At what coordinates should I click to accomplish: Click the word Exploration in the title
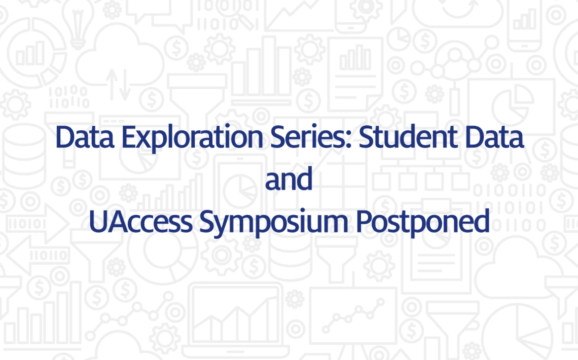[192, 137]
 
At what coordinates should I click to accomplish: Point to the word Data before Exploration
[85, 136]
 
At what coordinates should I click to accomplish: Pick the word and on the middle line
[288, 178]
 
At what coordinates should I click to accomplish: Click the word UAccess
[140, 221]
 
